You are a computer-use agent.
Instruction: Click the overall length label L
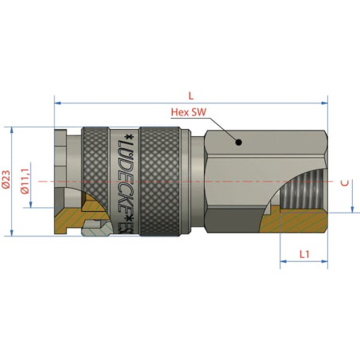pyautogui.click(x=191, y=96)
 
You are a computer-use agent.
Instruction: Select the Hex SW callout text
pyautogui.click(x=189, y=112)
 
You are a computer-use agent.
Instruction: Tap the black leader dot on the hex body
pyautogui.click(x=239, y=143)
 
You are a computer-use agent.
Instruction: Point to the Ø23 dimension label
pyautogui.click(x=6, y=179)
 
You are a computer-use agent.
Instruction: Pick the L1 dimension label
pyautogui.click(x=304, y=255)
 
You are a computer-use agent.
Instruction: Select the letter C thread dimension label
pyautogui.click(x=345, y=183)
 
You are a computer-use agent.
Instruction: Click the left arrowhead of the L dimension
pyautogui.click(x=57, y=103)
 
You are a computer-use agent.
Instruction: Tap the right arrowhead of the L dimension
pyautogui.click(x=324, y=103)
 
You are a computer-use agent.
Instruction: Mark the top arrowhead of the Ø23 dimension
pyautogui.click(x=12, y=131)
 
